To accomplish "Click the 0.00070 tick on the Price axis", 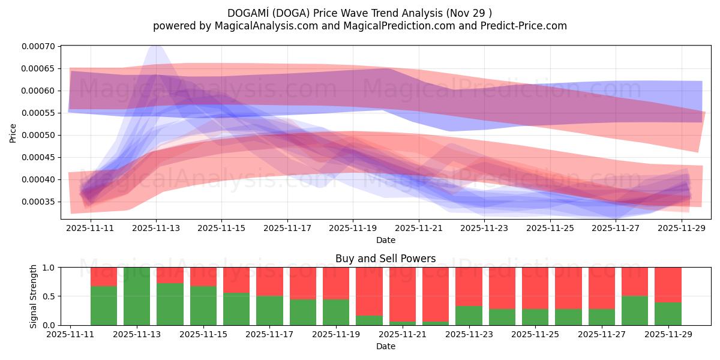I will pyautogui.click(x=38, y=46).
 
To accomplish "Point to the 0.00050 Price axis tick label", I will pyautogui.click(x=38, y=135).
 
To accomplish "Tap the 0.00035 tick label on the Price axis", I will pyautogui.click(x=38, y=202).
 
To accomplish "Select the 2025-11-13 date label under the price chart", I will pyautogui.click(x=156, y=228).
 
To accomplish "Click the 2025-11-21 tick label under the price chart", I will pyautogui.click(x=419, y=228).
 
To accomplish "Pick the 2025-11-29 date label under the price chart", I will pyautogui.click(x=681, y=228).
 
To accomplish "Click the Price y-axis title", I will pyautogui.click(x=13, y=133).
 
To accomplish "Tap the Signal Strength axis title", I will pyautogui.click(x=34, y=296).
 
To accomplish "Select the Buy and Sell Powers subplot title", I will pyautogui.click(x=385, y=259).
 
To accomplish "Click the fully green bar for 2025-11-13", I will pyautogui.click(x=137, y=296).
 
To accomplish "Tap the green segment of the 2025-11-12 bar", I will pyautogui.click(x=104, y=305).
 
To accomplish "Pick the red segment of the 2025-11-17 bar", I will pyautogui.click(x=269, y=281).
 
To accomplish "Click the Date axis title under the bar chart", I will pyautogui.click(x=385, y=346).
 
